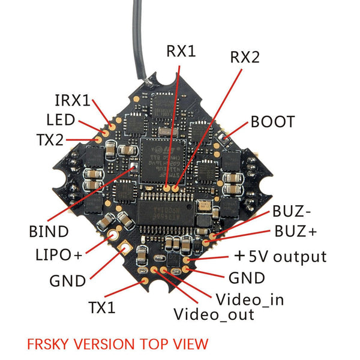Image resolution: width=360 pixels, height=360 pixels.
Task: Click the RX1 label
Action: tap(181, 52)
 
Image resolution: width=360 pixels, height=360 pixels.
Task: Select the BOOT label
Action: tap(273, 122)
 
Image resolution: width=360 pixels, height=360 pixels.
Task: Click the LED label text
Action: tap(61, 119)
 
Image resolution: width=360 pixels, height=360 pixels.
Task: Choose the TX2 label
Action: tap(58, 140)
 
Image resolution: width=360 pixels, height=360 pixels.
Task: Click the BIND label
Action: tap(49, 231)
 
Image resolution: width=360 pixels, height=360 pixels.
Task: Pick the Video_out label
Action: tap(214, 314)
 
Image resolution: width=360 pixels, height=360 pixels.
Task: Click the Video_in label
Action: tap(250, 299)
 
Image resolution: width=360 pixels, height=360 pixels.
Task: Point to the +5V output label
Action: tap(280, 257)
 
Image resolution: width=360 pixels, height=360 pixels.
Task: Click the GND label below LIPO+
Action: tap(68, 280)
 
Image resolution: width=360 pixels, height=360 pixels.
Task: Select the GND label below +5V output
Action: tap(247, 278)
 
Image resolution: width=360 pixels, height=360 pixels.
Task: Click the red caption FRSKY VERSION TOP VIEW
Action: tap(118, 344)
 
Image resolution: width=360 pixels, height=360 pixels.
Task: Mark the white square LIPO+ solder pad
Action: tap(126, 248)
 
